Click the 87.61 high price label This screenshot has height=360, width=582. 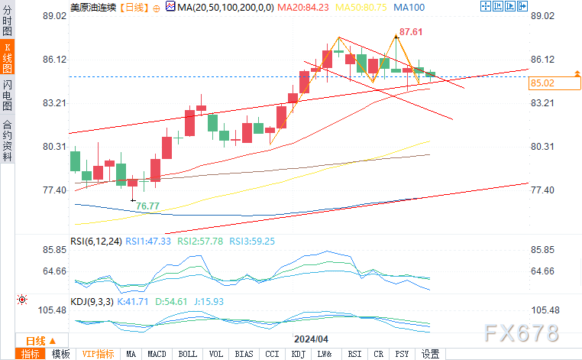pyautogui.click(x=410, y=32)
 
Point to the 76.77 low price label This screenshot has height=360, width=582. pyautogui.click(x=147, y=206)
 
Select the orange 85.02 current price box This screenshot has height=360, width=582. pyautogui.click(x=555, y=83)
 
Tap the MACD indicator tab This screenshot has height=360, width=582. pyautogui.click(x=157, y=354)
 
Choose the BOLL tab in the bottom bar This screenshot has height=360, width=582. pyautogui.click(x=187, y=354)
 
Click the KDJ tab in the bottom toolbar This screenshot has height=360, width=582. pyautogui.click(x=298, y=354)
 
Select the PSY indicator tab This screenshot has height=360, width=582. pyautogui.click(x=402, y=354)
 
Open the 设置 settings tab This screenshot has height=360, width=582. pyautogui.click(x=431, y=354)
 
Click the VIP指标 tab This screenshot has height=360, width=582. pyautogui.click(x=98, y=354)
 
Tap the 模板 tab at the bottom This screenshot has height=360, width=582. pyautogui.click(x=60, y=354)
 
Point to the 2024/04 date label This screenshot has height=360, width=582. pyautogui.click(x=311, y=339)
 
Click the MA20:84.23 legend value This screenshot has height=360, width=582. pyautogui.click(x=303, y=8)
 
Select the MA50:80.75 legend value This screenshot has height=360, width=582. pyautogui.click(x=361, y=8)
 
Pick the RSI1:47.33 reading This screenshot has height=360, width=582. pyautogui.click(x=148, y=242)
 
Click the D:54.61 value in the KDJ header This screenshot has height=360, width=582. pyautogui.click(x=171, y=302)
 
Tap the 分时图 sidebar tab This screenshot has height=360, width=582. pyautogui.click(x=7, y=21)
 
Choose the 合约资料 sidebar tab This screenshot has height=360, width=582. pyautogui.click(x=7, y=141)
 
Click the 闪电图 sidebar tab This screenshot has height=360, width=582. pyautogui.click(x=7, y=96)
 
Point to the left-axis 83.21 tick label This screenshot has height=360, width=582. pyautogui.click(x=54, y=103)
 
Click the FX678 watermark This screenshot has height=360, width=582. pyautogui.click(x=522, y=333)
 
